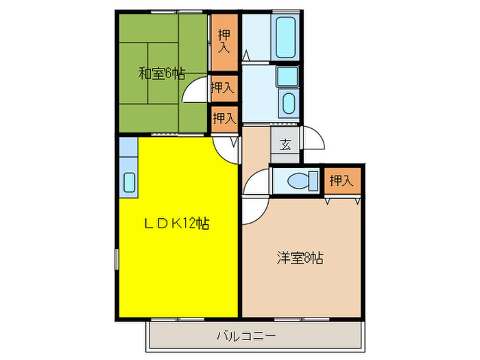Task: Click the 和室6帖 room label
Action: [162, 73]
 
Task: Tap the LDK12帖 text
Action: [176, 223]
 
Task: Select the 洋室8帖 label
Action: [300, 259]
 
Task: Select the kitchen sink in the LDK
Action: [129, 183]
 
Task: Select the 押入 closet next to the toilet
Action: [341, 181]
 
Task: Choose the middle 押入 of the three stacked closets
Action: [224, 87]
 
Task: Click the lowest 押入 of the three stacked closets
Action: [224, 117]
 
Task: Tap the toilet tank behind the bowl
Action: [313, 182]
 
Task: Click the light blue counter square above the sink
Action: [128, 147]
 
